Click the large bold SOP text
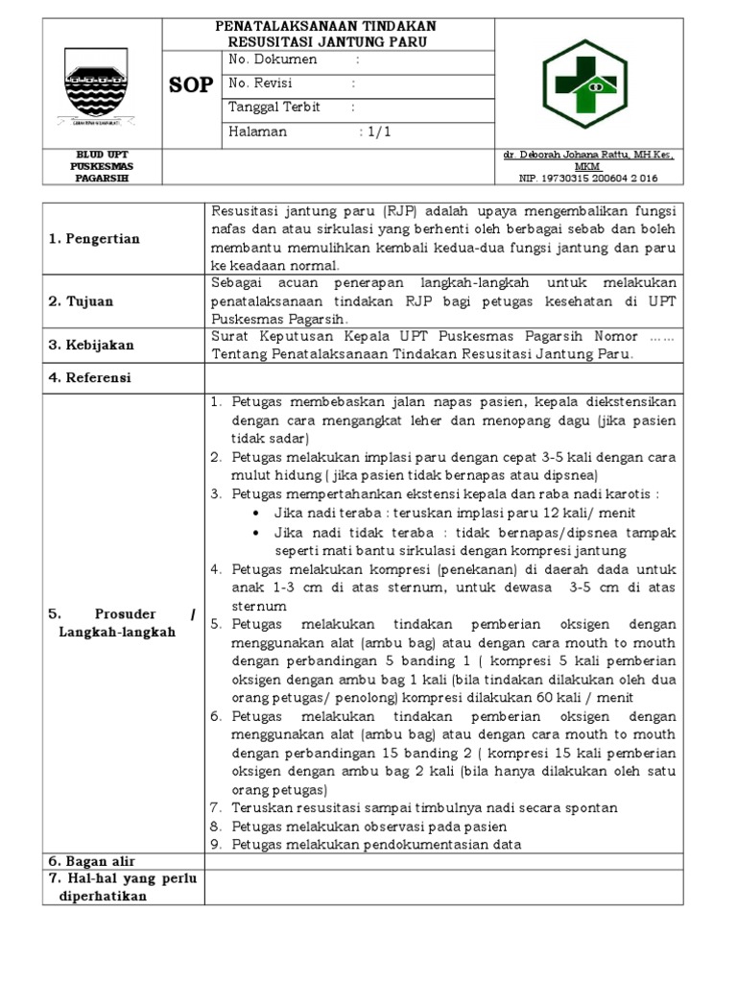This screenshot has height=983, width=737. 192,85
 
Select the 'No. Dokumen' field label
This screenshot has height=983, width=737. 273,60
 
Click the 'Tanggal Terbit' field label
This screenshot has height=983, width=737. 275,108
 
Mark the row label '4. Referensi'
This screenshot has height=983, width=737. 90,377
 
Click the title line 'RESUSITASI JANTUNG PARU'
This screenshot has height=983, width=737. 329,42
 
